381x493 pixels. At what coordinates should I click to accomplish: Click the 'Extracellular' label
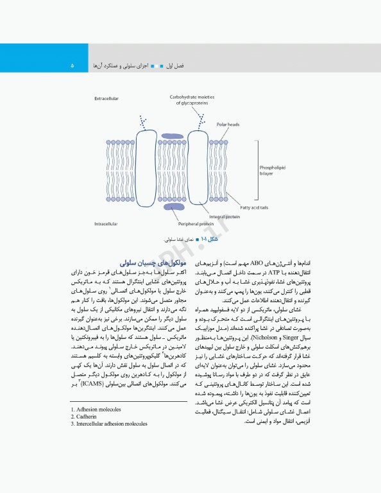107,98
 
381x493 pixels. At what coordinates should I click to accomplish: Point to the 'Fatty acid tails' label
255,207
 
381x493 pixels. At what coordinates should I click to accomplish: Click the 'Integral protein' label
224,216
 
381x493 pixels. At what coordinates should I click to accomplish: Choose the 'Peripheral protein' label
192,223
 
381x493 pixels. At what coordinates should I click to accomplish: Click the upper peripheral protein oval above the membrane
171,137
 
